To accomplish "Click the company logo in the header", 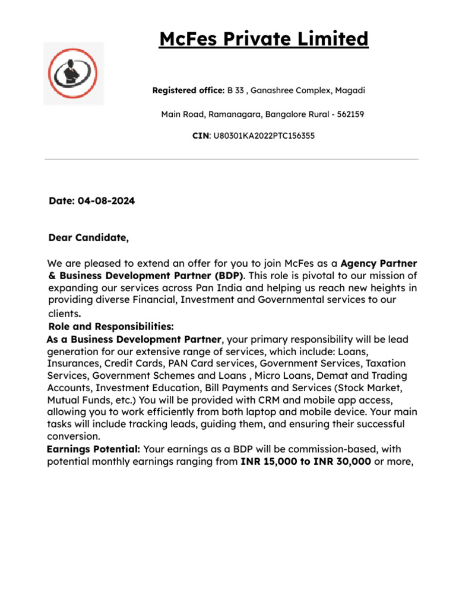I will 74,74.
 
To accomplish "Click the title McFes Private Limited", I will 264,40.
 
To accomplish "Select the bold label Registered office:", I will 188,91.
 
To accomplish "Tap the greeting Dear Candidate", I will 88,238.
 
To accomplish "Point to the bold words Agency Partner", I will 379,263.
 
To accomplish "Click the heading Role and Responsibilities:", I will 111,327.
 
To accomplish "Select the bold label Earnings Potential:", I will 94,450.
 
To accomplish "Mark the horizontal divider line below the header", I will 232,159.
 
